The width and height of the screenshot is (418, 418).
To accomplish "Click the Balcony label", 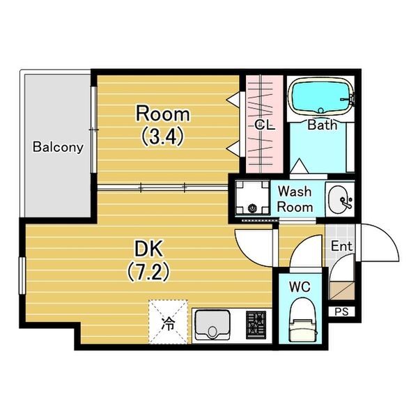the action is (x=58, y=147).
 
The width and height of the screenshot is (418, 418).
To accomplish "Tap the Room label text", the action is (x=163, y=114).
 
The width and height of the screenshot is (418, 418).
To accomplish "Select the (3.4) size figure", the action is (x=163, y=136).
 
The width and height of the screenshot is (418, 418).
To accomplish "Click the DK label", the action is (x=148, y=249).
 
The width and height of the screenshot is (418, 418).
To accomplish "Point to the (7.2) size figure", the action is (x=148, y=272).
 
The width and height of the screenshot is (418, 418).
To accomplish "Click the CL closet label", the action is (x=265, y=125).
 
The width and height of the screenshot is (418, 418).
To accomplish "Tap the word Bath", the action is (x=323, y=125).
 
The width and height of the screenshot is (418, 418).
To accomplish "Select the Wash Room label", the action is (x=295, y=199).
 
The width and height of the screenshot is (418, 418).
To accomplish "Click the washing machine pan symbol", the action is (x=252, y=198).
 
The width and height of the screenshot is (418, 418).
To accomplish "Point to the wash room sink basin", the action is (x=339, y=199).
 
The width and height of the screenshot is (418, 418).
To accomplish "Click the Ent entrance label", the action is (x=341, y=246).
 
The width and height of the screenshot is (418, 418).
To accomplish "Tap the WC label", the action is (x=300, y=287).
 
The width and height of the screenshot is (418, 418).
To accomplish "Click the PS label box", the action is (x=341, y=311).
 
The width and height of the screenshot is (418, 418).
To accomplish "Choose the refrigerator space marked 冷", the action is (x=168, y=322).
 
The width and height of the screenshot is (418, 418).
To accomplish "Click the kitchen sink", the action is (x=212, y=325).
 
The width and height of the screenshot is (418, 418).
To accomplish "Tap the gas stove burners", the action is (x=256, y=325).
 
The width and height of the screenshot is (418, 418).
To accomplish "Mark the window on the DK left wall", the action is (x=22, y=276).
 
